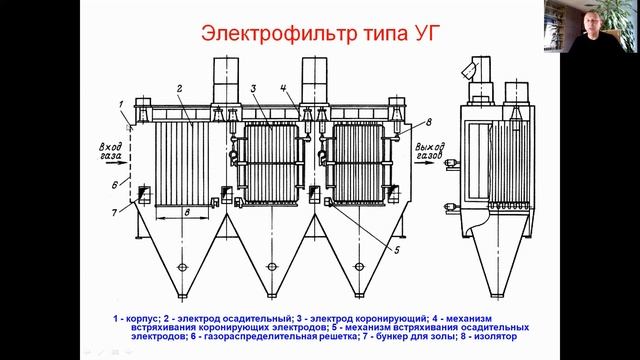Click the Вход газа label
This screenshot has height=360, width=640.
(x=110, y=151)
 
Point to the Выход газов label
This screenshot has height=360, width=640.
(x=430, y=151)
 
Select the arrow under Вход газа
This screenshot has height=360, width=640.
(x=116, y=162)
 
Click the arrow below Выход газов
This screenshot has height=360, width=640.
(x=424, y=162)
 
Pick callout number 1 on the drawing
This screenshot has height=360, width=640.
(x=121, y=105)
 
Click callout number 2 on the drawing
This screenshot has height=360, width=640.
(x=180, y=89)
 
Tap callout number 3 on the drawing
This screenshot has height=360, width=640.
(x=253, y=88)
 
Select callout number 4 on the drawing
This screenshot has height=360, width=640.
(x=284, y=89)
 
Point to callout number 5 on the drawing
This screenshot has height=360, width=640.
(x=397, y=250)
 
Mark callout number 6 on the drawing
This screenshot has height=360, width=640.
(x=115, y=185)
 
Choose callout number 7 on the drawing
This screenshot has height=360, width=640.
(x=115, y=212)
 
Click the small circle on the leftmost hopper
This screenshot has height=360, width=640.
(x=182, y=267)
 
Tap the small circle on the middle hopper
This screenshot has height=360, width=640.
(x=271, y=267)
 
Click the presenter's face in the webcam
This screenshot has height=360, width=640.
(x=590, y=24)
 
